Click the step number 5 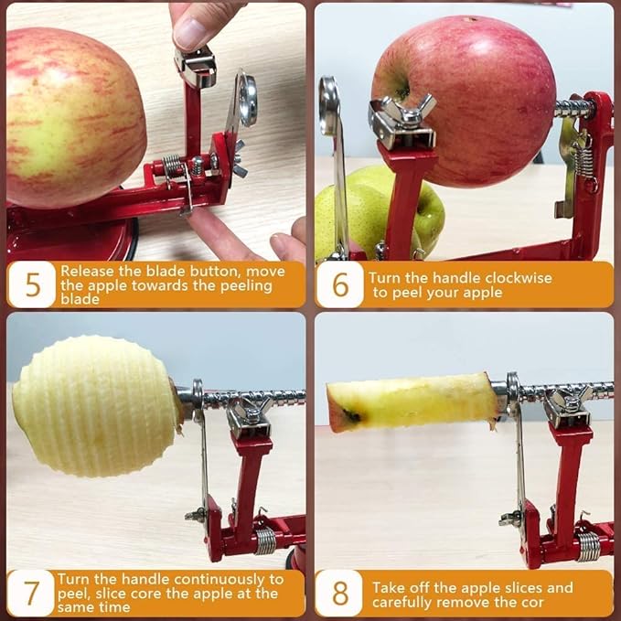(x=33, y=284)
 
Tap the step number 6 (x=340, y=284)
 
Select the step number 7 (x=32, y=593)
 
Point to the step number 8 (x=340, y=593)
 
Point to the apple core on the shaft (x=412, y=402)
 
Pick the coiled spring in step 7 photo (x=265, y=540)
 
